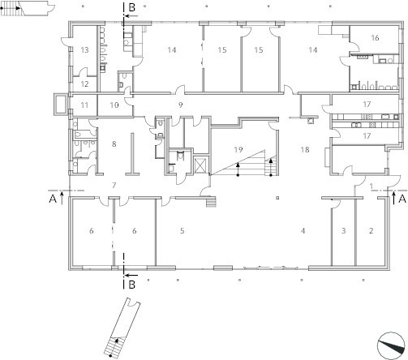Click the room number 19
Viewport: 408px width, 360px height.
(x=238, y=149)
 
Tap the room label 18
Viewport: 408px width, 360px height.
(x=305, y=149)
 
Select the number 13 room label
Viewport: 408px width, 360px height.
(x=84, y=50)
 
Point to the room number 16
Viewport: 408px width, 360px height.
(x=375, y=38)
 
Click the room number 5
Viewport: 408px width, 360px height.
(x=183, y=231)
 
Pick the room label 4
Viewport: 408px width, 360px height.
(x=303, y=231)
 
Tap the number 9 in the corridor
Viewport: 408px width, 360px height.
(x=181, y=105)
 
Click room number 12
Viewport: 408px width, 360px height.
(x=84, y=84)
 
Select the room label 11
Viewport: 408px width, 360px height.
(x=84, y=105)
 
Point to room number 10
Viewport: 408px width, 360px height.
(x=114, y=105)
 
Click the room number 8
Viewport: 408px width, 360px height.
(x=114, y=144)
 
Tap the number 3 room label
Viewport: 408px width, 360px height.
(x=344, y=231)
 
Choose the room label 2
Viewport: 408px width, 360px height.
(x=371, y=231)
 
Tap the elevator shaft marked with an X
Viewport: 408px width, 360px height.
(x=200, y=165)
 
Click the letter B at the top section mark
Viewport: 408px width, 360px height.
(x=131, y=7)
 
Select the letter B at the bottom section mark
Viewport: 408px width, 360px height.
(x=131, y=285)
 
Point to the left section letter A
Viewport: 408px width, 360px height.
(x=53, y=199)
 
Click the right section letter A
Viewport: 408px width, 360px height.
(x=402, y=199)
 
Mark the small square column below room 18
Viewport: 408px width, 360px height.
(x=277, y=198)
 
